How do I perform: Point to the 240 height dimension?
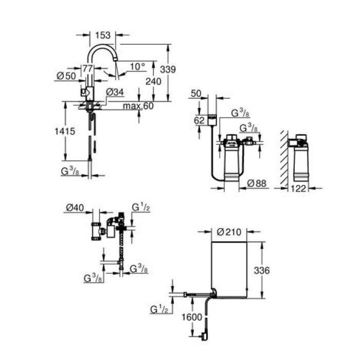[x=140, y=81]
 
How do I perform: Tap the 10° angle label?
[x=138, y=66]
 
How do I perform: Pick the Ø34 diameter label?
[x=115, y=92]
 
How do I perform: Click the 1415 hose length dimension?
[x=64, y=131]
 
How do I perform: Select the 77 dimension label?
[x=87, y=67]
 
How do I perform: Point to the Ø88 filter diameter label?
[x=257, y=183]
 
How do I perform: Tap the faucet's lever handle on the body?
[x=85, y=93]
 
